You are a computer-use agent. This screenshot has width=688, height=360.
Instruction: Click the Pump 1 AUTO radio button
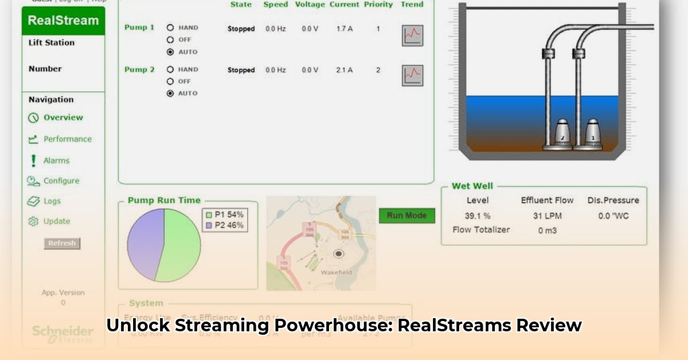click(170, 52)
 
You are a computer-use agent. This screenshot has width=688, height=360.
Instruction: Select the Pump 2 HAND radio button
click(170, 69)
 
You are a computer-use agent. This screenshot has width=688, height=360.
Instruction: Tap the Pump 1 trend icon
click(412, 36)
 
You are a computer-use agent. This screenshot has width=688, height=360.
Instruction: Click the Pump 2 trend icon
click(412, 76)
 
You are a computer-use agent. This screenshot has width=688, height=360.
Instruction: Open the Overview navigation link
click(63, 118)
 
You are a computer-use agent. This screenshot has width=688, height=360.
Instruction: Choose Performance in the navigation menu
click(67, 139)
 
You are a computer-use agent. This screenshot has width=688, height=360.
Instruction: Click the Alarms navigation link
click(56, 161)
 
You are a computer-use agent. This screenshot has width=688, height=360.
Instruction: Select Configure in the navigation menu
click(61, 181)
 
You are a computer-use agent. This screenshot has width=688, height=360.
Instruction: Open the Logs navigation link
click(52, 201)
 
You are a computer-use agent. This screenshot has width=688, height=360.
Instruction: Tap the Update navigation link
click(56, 221)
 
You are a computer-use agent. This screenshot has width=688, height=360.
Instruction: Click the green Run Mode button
click(407, 216)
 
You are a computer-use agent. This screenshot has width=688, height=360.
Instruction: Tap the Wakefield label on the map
click(337, 272)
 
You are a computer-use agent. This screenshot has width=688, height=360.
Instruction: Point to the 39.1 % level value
click(478, 216)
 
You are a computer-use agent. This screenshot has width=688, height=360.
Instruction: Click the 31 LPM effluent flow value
click(547, 216)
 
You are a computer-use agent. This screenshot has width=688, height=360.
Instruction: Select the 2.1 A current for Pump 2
click(344, 70)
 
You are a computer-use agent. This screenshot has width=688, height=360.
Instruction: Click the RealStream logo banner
click(63, 21)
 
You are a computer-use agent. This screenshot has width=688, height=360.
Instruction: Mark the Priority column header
click(378, 5)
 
